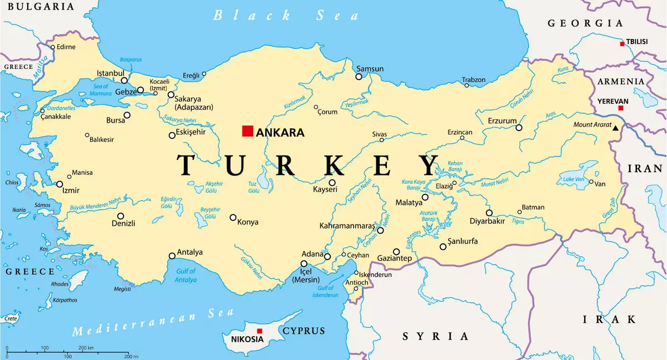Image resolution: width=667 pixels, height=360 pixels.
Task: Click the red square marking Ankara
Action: click(x=247, y=131)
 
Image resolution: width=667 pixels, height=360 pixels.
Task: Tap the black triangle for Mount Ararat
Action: click(x=615, y=128)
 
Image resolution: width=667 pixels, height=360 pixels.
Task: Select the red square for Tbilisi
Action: click(x=622, y=44)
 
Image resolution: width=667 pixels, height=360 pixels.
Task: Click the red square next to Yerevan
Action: click(x=621, y=108)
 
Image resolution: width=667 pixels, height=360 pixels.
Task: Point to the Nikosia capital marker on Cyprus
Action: click(x=259, y=331)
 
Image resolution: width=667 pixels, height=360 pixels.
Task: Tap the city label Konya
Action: click(x=248, y=222)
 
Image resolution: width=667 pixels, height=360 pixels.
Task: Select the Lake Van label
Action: click(x=574, y=179)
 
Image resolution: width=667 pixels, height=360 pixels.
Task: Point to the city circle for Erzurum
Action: click(x=519, y=128)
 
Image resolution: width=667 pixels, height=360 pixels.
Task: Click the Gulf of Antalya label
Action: click(x=186, y=276)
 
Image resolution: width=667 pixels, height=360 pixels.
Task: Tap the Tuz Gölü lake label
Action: click(x=254, y=187)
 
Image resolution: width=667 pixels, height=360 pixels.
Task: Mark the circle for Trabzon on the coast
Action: click(x=466, y=86)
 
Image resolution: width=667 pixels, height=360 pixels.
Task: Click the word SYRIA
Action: click(x=435, y=336)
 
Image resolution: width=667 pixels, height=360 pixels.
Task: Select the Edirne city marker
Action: click(x=53, y=47)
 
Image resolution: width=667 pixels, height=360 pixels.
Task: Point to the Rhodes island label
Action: click(x=60, y=284)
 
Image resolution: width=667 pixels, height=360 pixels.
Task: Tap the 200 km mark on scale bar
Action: click(x=86, y=348)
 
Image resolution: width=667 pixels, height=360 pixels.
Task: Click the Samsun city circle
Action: click(x=359, y=77)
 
